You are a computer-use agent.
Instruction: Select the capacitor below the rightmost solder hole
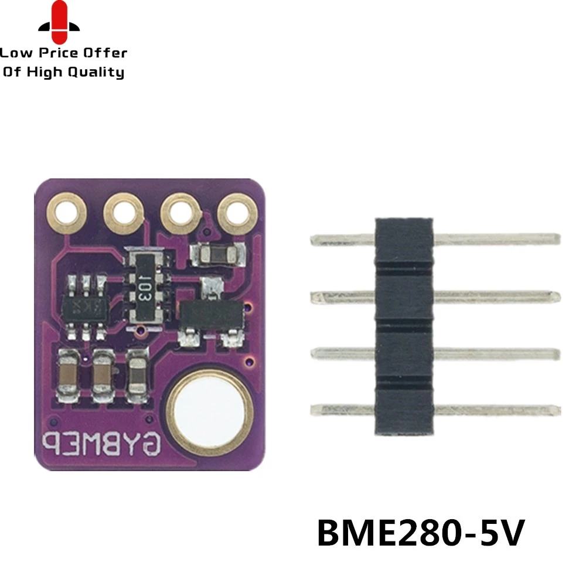coord(217,254)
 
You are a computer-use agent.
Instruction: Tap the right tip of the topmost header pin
coord(557,239)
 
